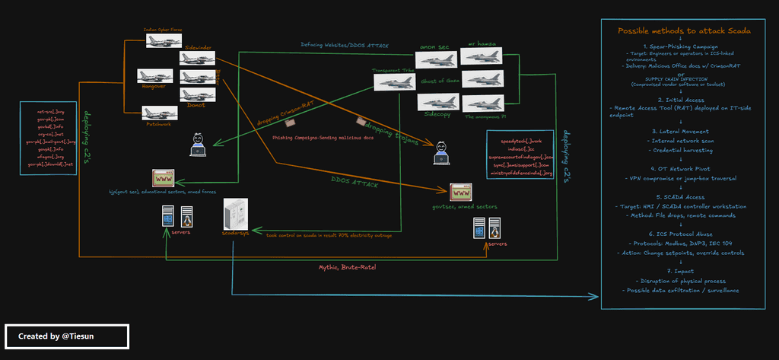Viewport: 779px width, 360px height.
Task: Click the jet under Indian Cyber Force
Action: (164, 40)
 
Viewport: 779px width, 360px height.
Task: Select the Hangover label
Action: (154, 86)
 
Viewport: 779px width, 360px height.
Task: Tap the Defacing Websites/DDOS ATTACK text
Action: (344, 46)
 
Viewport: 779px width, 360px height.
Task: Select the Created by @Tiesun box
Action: (66, 336)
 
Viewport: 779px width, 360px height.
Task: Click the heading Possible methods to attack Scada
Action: (684, 31)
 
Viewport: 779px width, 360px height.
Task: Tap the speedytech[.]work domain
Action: (520, 142)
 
